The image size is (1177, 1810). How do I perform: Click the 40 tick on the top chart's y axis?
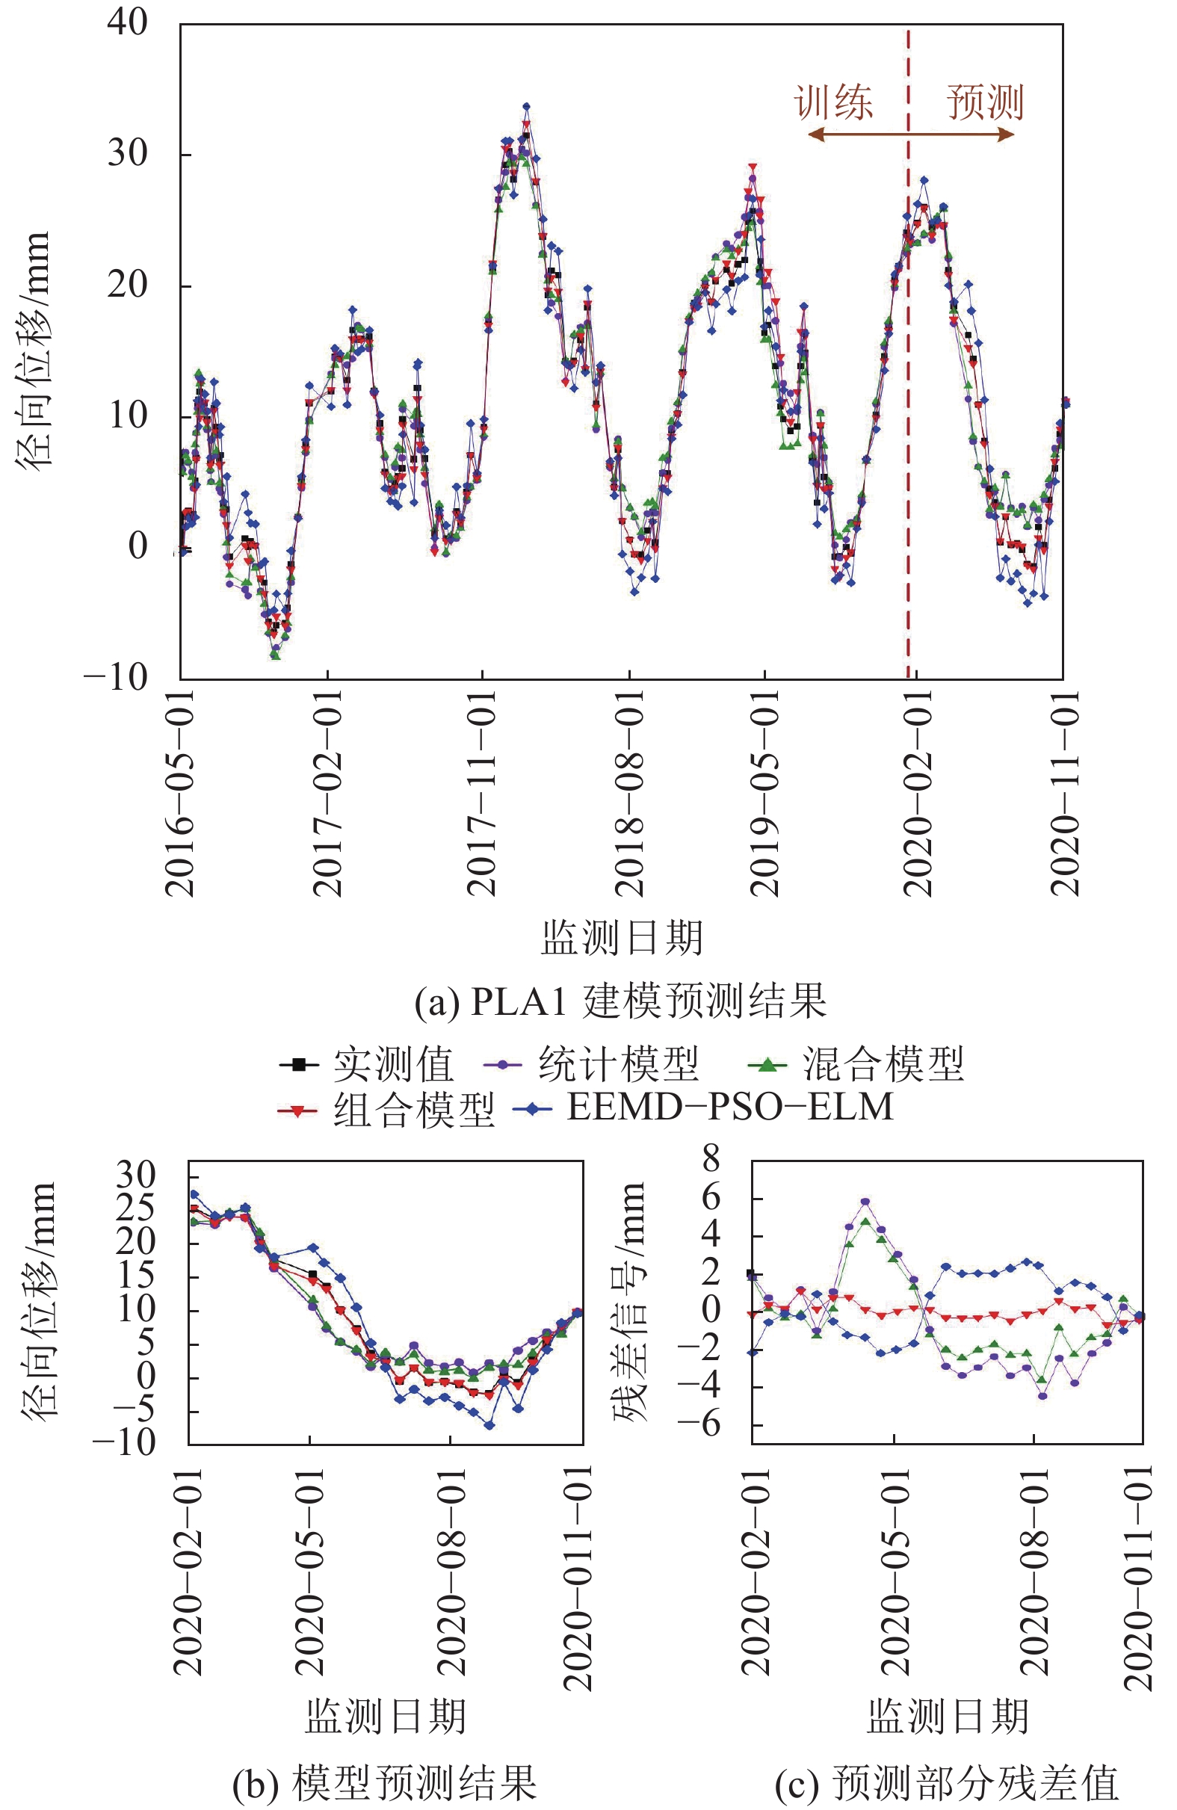pos(127,23)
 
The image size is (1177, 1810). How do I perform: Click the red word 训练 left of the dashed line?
pos(833,102)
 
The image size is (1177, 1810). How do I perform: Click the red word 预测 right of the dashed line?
pos(986,102)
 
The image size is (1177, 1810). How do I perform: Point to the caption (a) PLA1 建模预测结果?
pos(620,1001)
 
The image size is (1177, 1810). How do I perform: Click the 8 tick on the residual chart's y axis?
pos(711,1159)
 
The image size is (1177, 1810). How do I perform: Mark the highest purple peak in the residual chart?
pos(865,1202)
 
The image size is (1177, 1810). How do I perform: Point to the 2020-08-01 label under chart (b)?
pos(451,1570)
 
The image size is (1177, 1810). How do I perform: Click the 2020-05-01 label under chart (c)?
pos(895,1570)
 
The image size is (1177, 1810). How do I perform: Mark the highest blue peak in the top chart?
pos(526,107)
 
